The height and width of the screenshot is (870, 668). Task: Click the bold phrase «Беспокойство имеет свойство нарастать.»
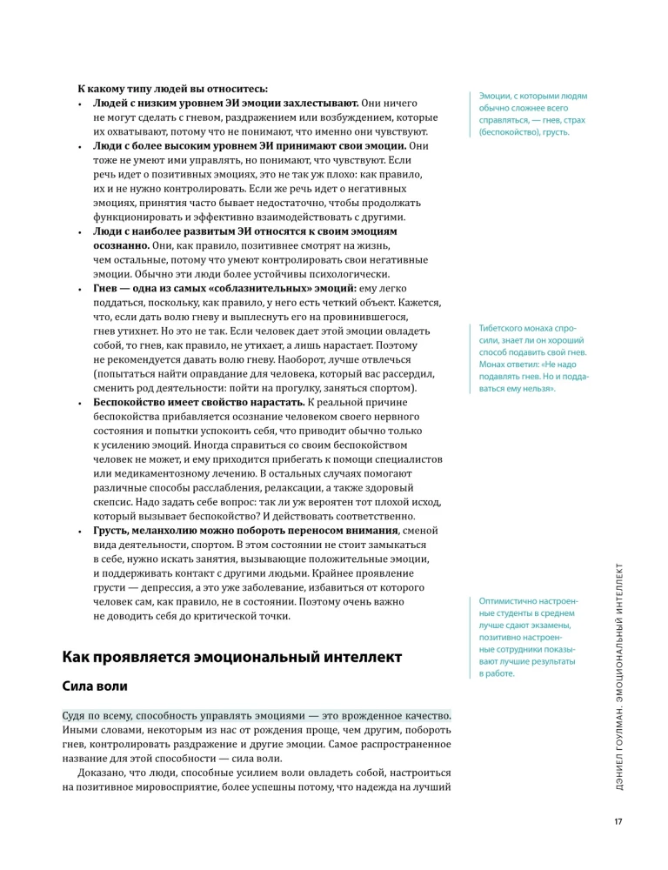click(x=197, y=403)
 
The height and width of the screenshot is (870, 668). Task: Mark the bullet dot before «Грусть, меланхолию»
click(x=80, y=531)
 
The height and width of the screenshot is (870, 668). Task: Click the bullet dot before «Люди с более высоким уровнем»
click(x=80, y=146)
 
